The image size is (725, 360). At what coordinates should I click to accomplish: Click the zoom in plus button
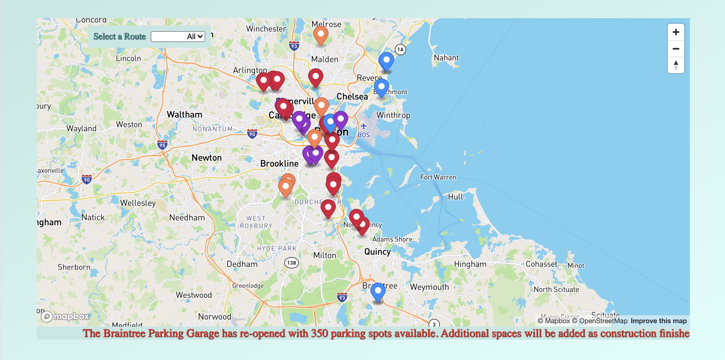(x=676, y=32)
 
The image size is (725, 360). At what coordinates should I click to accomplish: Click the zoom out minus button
(x=676, y=49)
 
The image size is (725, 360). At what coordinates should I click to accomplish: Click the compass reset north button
(x=676, y=65)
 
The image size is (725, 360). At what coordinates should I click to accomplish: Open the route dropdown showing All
(x=178, y=36)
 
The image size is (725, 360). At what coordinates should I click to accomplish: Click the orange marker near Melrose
(x=321, y=34)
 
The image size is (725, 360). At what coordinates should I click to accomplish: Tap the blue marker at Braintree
(x=378, y=291)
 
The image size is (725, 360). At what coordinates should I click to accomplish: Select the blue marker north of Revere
(x=386, y=61)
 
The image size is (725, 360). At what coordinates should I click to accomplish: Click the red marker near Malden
(x=315, y=77)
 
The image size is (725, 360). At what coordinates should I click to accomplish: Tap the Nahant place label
(x=446, y=58)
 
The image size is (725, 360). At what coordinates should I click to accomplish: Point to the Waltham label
(x=185, y=115)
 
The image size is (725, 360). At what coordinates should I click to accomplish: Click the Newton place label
(x=207, y=158)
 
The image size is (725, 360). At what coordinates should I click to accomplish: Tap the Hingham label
(x=470, y=264)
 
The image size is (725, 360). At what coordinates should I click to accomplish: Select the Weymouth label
(x=429, y=287)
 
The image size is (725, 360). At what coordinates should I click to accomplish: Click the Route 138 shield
(x=291, y=263)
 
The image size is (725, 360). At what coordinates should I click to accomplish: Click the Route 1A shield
(x=400, y=50)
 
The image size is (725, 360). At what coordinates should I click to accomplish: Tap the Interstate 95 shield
(x=162, y=145)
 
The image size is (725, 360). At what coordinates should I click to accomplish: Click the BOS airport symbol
(x=364, y=126)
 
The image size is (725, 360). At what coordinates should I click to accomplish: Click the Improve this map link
(x=658, y=321)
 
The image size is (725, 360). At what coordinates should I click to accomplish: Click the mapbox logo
(x=65, y=316)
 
